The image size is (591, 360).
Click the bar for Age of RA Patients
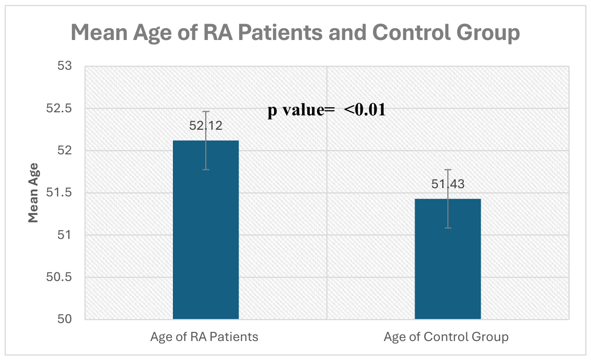(206, 230)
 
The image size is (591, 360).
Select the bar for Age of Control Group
(448, 259)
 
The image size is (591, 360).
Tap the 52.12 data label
(206, 126)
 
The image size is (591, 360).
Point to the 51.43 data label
(448, 184)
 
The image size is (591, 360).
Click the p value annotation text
(327, 110)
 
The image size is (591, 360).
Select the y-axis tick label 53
(65, 66)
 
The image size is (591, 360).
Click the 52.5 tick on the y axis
(59, 108)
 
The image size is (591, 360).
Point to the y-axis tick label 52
(65, 151)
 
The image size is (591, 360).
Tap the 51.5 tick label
(59, 193)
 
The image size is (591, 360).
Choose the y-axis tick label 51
(65, 235)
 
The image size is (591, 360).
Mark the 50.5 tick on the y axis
(59, 277)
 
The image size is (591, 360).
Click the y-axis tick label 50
(65, 319)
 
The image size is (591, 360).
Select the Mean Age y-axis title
(33, 193)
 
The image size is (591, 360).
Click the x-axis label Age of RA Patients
(204, 336)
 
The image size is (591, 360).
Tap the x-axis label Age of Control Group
(446, 336)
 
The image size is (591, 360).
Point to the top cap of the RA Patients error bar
(206, 111)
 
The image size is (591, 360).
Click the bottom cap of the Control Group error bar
(448, 228)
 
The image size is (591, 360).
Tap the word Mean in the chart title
(99, 32)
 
